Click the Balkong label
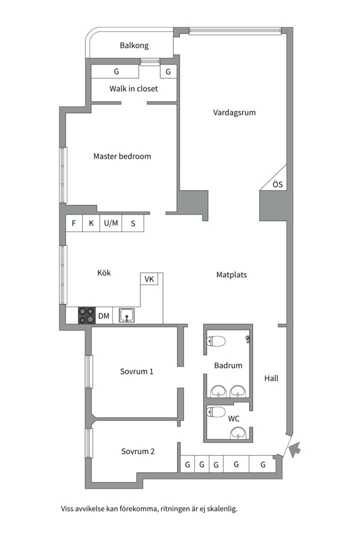coord(134,45)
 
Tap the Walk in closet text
coord(133,88)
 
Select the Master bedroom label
coord(122,156)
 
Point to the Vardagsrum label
coord(234,112)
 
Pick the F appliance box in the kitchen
coord(74,223)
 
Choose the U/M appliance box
coord(111,223)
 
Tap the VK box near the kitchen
coord(149,279)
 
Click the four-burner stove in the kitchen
coord(86,315)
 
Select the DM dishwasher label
coord(103,315)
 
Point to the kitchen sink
coord(126,315)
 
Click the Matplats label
coord(231,274)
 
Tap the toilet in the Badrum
coord(216,341)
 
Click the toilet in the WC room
coord(216,412)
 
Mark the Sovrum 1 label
coord(136,371)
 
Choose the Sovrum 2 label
coord(137,451)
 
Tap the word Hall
coord(271,378)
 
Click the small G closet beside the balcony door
coord(168,72)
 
